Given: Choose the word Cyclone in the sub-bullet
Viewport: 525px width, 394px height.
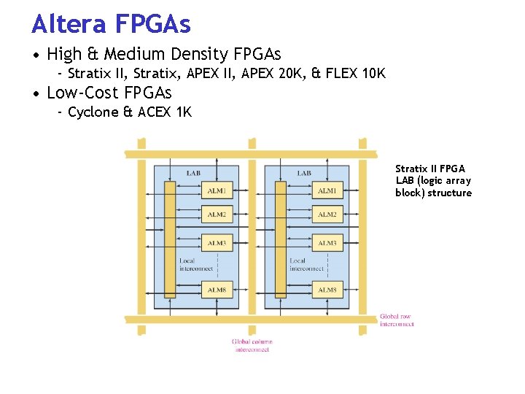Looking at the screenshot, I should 93,112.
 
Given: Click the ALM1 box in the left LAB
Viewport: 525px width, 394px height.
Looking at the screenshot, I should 217,191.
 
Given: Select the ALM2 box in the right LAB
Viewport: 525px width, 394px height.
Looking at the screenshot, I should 327,215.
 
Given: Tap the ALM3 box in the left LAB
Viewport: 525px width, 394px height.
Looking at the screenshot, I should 217,243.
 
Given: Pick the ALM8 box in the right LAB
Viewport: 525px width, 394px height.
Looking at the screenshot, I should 327,290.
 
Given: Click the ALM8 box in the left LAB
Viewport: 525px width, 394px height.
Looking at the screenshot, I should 217,290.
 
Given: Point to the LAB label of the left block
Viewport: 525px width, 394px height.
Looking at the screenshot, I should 193,173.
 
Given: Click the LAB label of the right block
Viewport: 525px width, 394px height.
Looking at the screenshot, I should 304,173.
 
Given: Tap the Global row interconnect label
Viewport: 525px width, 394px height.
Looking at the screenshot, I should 396,320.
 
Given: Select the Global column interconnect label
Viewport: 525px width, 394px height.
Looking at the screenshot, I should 252,345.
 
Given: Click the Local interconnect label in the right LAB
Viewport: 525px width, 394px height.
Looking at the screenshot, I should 306,264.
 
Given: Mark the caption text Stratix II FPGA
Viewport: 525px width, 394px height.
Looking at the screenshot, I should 429,169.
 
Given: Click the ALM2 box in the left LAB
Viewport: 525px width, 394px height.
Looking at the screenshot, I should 217,215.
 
